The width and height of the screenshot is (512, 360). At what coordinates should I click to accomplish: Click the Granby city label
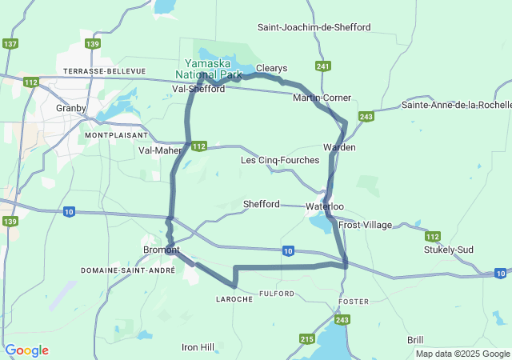coord(70,108)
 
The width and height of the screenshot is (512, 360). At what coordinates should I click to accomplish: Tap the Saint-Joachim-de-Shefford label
coord(314,27)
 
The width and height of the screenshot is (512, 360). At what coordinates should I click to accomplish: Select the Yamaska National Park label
coord(213,70)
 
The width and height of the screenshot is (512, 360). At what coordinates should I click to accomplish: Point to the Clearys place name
coord(271,69)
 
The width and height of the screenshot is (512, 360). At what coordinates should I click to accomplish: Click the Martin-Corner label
coord(322,98)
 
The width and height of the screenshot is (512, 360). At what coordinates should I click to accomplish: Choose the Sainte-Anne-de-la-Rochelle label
coord(456,105)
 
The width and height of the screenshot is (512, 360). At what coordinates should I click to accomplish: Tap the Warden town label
coord(339,148)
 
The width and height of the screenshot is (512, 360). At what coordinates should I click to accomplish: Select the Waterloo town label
coord(325,207)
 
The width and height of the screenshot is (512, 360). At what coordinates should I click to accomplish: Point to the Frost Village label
coord(366,225)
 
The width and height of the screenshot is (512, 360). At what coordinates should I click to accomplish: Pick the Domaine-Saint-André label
coord(128,271)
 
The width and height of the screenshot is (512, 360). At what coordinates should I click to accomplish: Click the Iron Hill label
coord(198,347)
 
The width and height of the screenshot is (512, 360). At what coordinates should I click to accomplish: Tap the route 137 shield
coord(10,44)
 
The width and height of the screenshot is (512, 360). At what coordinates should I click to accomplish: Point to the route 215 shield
coord(306,339)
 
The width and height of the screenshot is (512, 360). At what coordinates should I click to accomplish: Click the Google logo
coord(26,350)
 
